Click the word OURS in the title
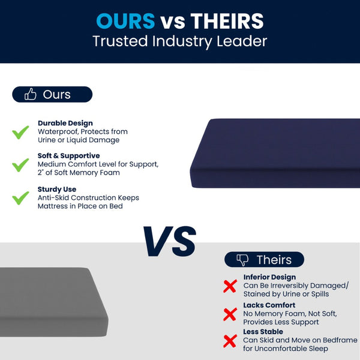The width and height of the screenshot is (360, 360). (125, 21)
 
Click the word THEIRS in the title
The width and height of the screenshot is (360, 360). (227, 21)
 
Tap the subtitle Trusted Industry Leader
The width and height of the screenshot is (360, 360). (180, 41)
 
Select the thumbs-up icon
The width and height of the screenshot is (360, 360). (30, 94)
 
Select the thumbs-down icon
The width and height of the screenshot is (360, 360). (242, 260)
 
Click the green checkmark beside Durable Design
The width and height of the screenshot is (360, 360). (21, 131)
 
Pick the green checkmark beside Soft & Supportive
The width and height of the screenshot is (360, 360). (21, 164)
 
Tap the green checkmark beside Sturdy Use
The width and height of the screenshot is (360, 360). (21, 197)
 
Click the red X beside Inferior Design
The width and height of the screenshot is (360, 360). (230, 286)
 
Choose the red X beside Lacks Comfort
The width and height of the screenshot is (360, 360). (230, 314)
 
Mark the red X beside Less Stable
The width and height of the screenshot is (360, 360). (230, 341)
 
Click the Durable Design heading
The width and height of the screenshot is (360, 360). (65, 123)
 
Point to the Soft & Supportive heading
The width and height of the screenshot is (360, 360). (68, 155)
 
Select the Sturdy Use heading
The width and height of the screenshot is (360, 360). (58, 188)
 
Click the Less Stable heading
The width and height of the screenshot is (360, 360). (263, 332)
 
